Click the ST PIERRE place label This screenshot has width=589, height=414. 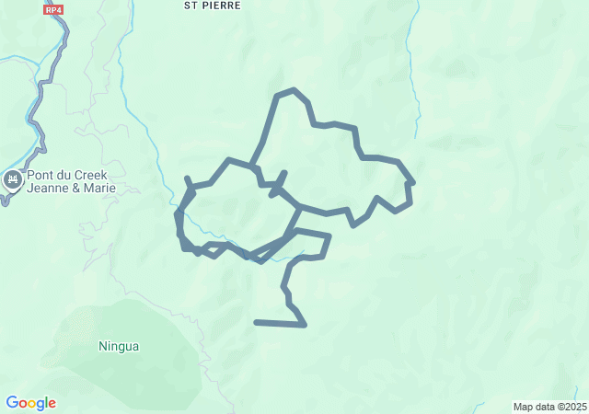[x=213, y=6]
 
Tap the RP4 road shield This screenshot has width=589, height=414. [x=53, y=8]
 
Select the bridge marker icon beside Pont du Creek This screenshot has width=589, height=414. [x=12, y=179]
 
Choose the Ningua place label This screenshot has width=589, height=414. [x=119, y=347]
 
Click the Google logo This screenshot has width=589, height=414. [x=30, y=403]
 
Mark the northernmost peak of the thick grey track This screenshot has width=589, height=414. [x=293, y=89]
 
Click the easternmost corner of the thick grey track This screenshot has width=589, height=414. [x=414, y=181]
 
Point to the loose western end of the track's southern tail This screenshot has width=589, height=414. [x=256, y=322]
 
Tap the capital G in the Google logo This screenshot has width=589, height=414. [x=12, y=403]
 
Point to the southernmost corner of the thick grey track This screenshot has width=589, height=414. [x=305, y=325]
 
